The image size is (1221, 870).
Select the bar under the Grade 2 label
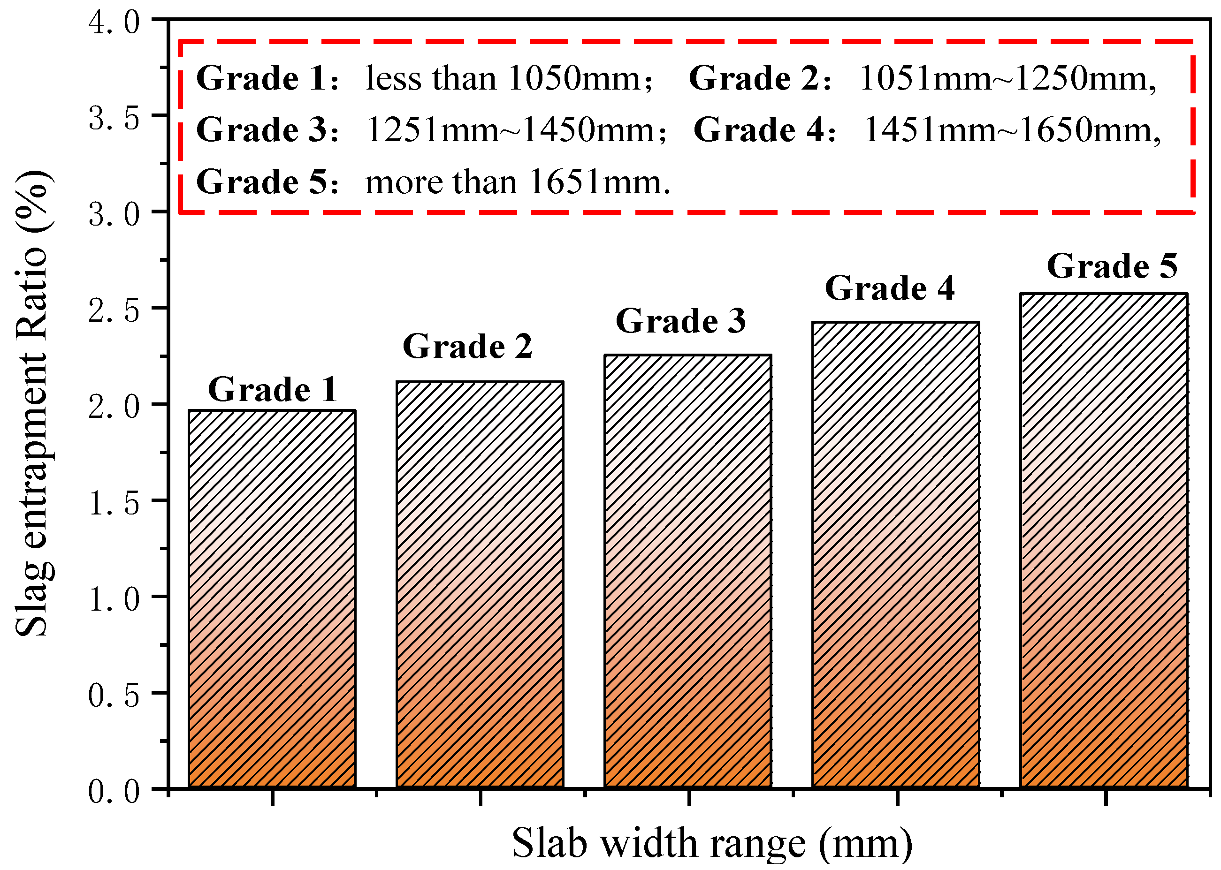click(x=480, y=584)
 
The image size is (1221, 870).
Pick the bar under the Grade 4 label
click(x=896, y=554)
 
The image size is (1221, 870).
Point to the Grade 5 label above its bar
click(x=1112, y=266)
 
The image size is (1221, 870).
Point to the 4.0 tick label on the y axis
click(x=114, y=23)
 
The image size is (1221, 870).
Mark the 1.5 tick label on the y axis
click(x=114, y=502)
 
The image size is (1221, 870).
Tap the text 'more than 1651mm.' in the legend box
click(x=517, y=182)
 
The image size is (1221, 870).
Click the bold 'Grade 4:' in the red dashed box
click(x=764, y=130)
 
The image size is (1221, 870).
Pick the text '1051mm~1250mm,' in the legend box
click(x=1007, y=79)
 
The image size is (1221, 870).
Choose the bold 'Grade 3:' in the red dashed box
click(x=267, y=130)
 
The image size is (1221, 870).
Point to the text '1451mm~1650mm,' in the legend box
click(x=1012, y=130)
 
